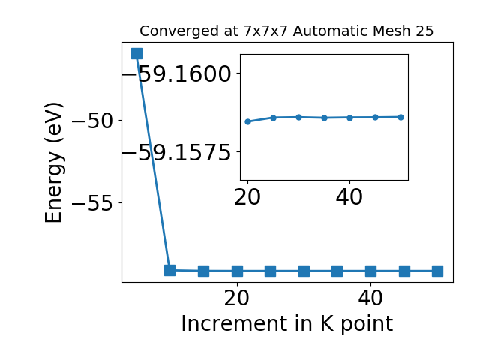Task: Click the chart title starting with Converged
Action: coord(286,31)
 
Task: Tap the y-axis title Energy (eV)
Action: coord(54,163)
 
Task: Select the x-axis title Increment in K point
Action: coord(287,324)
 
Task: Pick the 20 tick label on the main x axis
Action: coord(237,298)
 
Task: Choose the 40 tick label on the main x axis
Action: coord(370,298)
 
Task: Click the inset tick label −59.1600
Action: coord(177,73)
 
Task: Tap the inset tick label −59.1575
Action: coord(177,152)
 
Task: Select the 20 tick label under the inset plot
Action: coord(247,197)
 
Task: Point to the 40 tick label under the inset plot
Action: coord(349,197)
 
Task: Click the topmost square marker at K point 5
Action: coord(136,53)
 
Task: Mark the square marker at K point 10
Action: coord(170,270)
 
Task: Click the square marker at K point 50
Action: coord(437,271)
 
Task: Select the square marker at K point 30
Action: coord(304,271)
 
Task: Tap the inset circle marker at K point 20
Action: coord(248,121)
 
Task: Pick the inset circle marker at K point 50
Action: coord(400,117)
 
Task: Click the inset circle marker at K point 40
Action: coord(350,118)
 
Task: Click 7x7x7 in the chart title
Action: coord(266,31)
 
